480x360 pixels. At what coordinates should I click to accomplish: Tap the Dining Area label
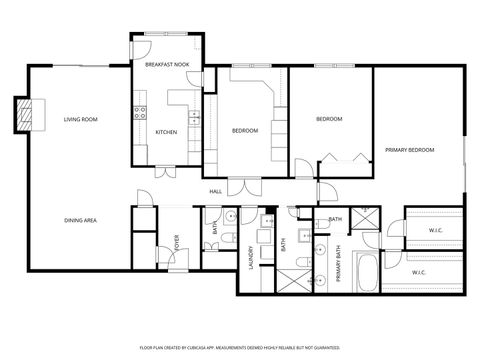pyautogui.click(x=80, y=220)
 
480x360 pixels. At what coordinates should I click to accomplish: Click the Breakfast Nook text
pyautogui.click(x=167, y=65)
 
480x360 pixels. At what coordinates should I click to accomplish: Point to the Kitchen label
pyautogui.click(x=166, y=131)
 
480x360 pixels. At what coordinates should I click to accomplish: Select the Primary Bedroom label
pyautogui.click(x=410, y=150)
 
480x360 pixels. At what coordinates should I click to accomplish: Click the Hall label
pyautogui.click(x=215, y=190)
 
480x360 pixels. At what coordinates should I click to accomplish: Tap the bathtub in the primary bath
pyautogui.click(x=366, y=271)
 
